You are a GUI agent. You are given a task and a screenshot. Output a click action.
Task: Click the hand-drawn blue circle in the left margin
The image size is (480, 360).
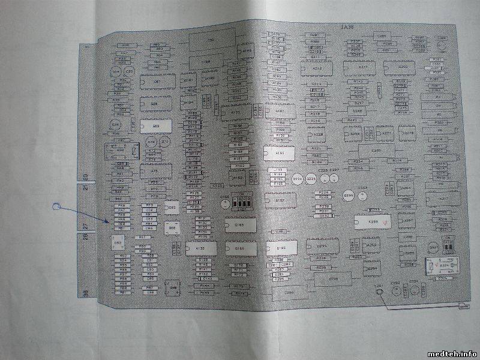pos(57,208)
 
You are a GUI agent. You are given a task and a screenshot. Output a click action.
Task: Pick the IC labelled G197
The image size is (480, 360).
pos(280,200)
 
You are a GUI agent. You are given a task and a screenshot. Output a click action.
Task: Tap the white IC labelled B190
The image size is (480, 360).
pos(280,247)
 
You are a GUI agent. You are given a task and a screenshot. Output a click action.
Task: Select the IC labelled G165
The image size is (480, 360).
pos(239,226)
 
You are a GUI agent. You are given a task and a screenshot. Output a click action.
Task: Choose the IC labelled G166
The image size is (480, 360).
pos(239,248)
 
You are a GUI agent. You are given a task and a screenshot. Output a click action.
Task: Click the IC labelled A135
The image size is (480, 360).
pos(200,247)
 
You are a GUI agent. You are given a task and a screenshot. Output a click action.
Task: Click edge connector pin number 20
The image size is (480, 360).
pos(85,177)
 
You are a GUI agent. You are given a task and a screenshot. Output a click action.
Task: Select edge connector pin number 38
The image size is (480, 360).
pos(85,292)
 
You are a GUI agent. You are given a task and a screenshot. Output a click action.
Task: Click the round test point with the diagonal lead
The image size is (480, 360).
pos(379,292)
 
